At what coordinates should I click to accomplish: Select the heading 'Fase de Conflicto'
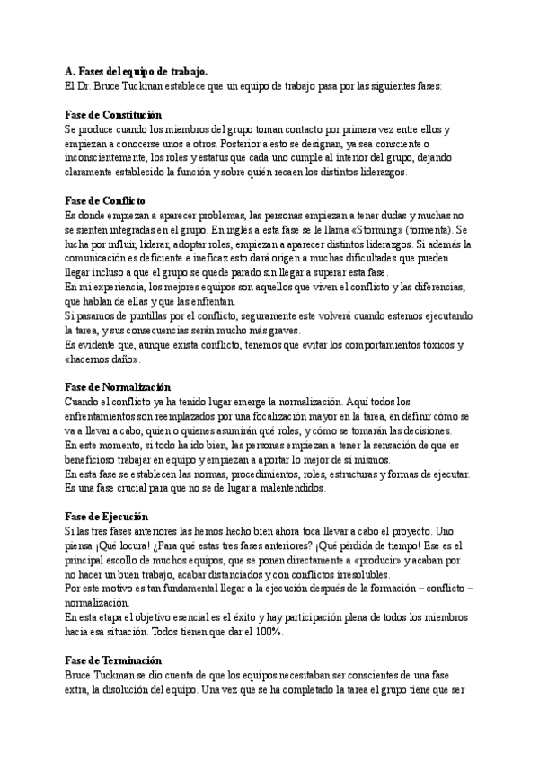point(106,200)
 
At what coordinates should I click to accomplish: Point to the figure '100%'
point(266,631)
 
